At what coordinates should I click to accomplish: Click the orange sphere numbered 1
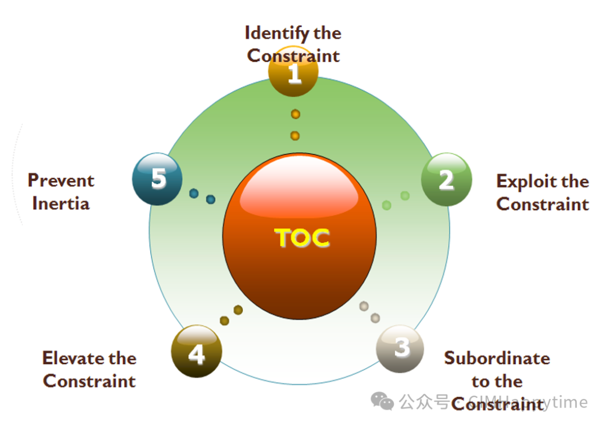click(293, 72)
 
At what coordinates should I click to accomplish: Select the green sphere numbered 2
click(446, 179)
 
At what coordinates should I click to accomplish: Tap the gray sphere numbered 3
click(400, 348)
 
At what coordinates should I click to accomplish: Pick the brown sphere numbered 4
click(196, 352)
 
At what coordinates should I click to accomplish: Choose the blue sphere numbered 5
click(157, 179)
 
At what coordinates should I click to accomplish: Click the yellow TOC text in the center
click(302, 238)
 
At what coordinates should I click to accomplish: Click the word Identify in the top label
click(277, 33)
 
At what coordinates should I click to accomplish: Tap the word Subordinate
click(497, 358)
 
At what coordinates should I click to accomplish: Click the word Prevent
click(61, 180)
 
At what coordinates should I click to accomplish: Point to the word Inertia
click(61, 203)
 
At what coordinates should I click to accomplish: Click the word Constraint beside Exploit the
click(542, 203)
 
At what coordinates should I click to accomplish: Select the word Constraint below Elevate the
click(89, 381)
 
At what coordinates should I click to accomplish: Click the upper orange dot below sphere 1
click(295, 114)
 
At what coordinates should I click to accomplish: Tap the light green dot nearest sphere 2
click(405, 196)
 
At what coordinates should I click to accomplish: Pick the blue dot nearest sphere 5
click(194, 193)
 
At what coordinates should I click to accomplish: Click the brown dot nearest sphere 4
click(224, 321)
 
